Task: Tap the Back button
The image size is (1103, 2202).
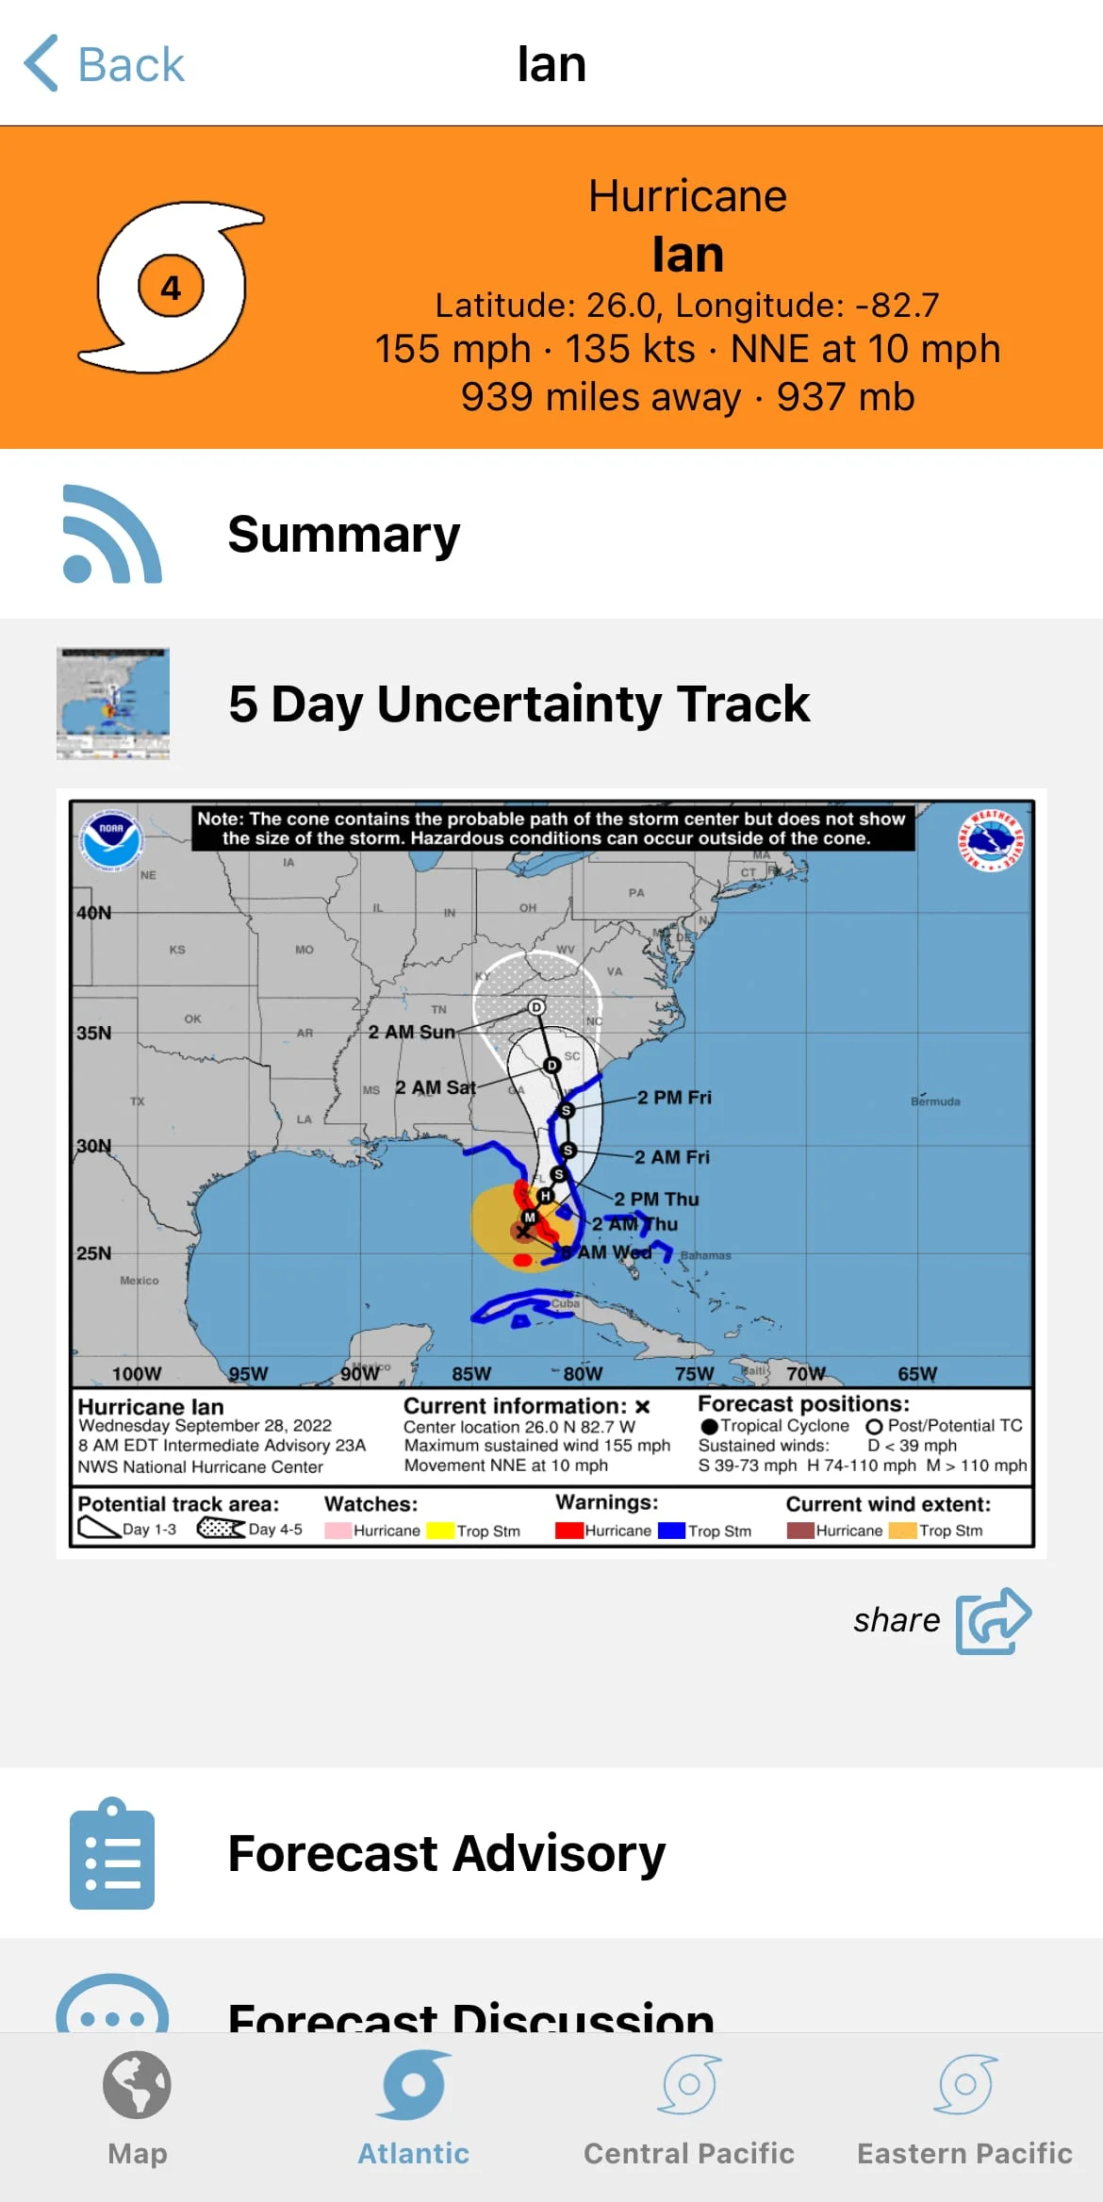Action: point(104,64)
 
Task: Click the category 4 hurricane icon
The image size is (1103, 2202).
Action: point(171,287)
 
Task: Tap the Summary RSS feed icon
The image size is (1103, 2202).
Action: point(111,534)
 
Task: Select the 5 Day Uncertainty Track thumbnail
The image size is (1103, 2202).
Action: point(113,704)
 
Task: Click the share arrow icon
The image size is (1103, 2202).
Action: point(994,1620)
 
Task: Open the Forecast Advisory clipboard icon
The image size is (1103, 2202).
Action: point(112,1853)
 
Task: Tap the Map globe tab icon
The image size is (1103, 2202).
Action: point(138,2085)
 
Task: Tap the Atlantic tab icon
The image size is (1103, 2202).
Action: point(413,2085)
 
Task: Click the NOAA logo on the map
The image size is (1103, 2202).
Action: point(111,839)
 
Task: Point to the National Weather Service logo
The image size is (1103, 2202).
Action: point(990,840)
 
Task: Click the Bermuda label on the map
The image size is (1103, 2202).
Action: point(935,1101)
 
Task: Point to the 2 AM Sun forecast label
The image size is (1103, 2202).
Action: point(411,1032)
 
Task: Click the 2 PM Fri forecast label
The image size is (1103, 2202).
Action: point(674,1098)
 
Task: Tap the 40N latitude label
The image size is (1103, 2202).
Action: point(94,913)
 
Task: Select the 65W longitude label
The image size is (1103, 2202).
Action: point(917,1374)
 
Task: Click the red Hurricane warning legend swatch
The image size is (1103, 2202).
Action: point(568,1531)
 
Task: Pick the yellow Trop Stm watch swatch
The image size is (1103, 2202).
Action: point(439,1531)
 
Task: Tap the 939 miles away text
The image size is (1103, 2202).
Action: point(601,397)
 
